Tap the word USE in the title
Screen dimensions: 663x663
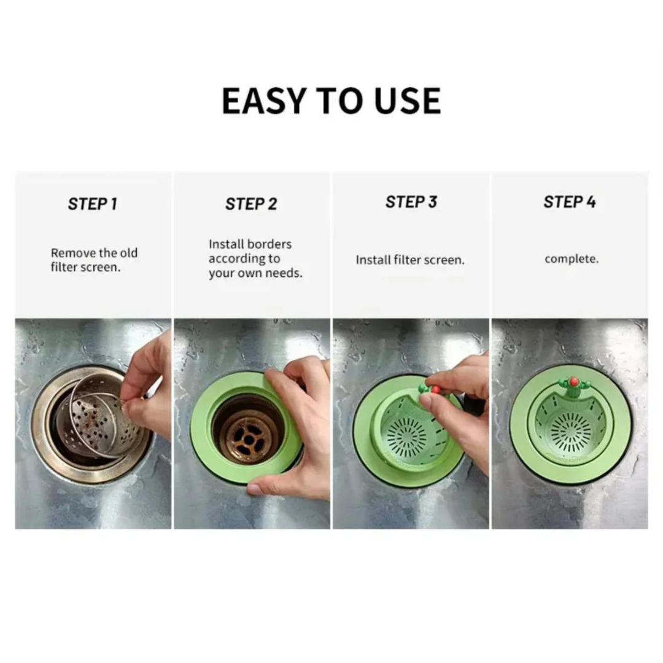[x=408, y=101]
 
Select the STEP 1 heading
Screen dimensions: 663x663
[x=92, y=204]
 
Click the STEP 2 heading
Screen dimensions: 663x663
[x=251, y=204]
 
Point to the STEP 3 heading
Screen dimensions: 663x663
[x=411, y=202]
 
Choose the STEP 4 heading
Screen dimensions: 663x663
[x=570, y=202]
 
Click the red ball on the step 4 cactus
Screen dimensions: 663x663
[x=574, y=382]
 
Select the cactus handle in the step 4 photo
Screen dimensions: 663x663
[x=573, y=387]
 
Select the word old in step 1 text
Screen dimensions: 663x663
[x=128, y=253]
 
